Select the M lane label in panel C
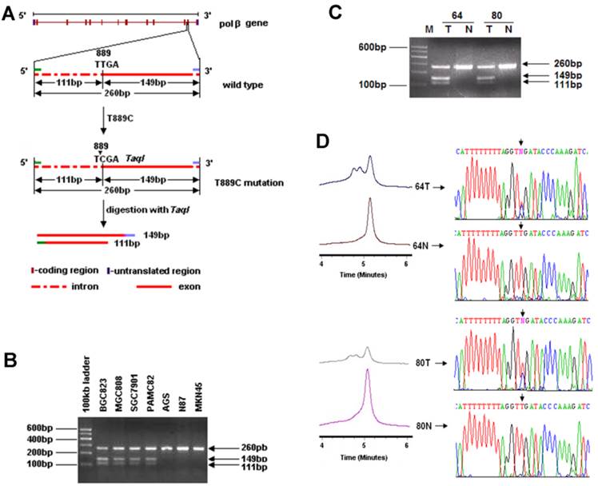tap(429, 30)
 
